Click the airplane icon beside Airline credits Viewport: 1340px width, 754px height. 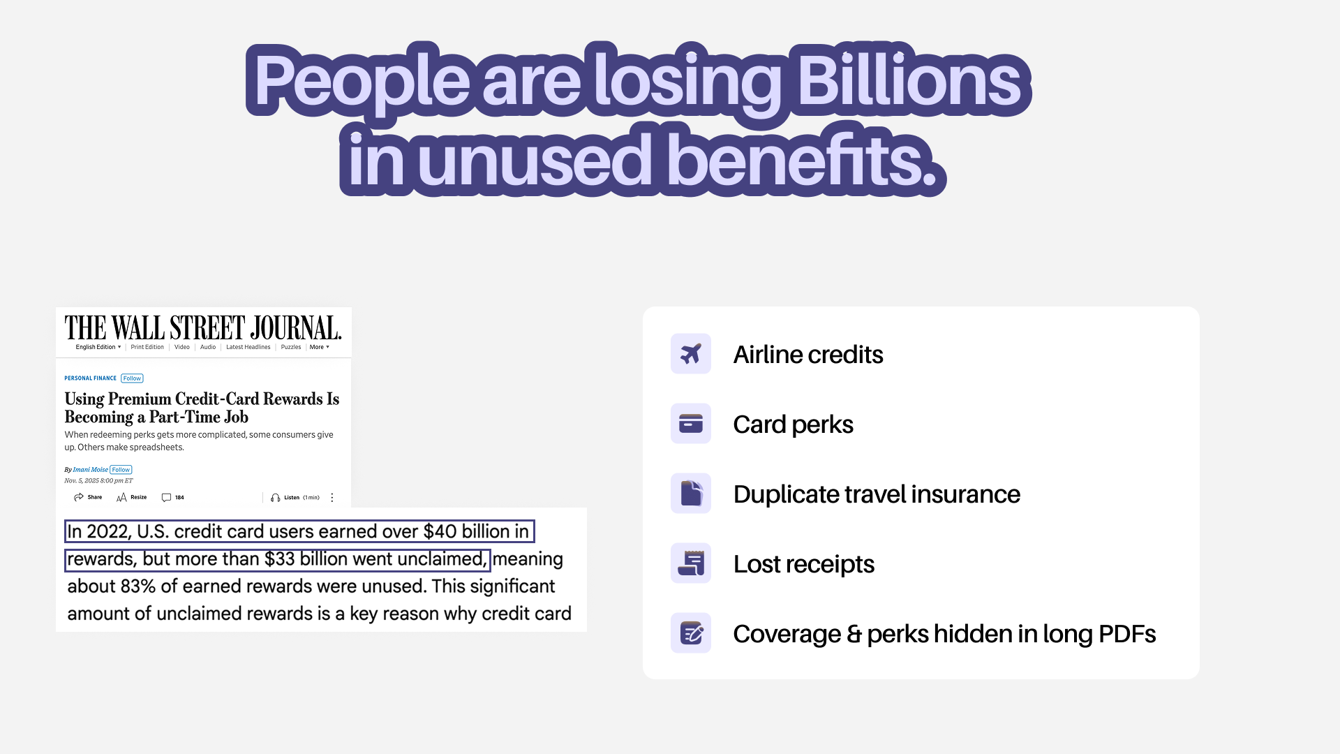click(690, 354)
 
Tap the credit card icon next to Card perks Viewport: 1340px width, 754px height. click(690, 424)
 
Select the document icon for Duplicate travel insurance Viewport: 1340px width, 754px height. click(690, 494)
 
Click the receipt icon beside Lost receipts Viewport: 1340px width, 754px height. click(690, 563)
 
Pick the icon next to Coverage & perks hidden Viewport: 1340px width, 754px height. click(690, 633)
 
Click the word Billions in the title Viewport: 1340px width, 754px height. click(909, 81)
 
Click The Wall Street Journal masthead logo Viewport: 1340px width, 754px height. click(203, 328)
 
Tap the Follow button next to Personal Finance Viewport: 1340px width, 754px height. click(132, 378)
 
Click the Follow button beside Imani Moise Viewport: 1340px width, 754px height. click(121, 470)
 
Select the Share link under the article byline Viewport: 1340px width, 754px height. click(88, 497)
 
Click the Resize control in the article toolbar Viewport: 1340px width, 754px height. click(132, 497)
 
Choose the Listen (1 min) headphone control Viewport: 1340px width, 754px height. click(295, 498)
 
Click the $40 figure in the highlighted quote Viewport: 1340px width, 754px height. click(440, 531)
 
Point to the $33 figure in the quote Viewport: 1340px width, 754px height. click(279, 559)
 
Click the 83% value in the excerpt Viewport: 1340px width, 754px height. click(137, 586)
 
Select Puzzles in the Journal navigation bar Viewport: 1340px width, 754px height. click(291, 347)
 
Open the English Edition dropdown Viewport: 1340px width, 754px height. click(98, 347)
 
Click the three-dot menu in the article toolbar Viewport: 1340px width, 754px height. click(332, 498)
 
